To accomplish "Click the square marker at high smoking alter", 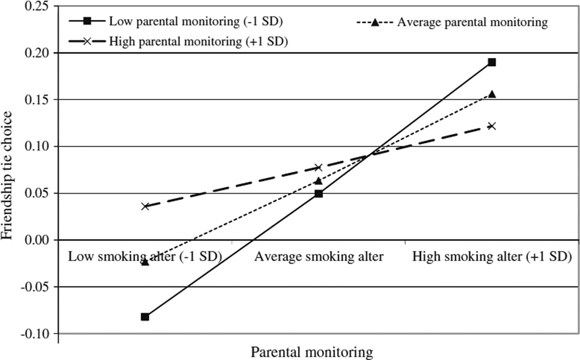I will (492, 62).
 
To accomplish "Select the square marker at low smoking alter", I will (145, 316).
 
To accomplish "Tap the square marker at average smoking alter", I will (318, 194).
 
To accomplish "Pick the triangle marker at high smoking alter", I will (492, 94).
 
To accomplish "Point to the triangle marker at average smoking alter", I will (318, 181).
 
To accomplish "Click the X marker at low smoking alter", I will (145, 206).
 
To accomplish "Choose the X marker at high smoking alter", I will (492, 126).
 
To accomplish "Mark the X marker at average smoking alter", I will (318, 167).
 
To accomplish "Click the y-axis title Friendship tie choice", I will (8, 174).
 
